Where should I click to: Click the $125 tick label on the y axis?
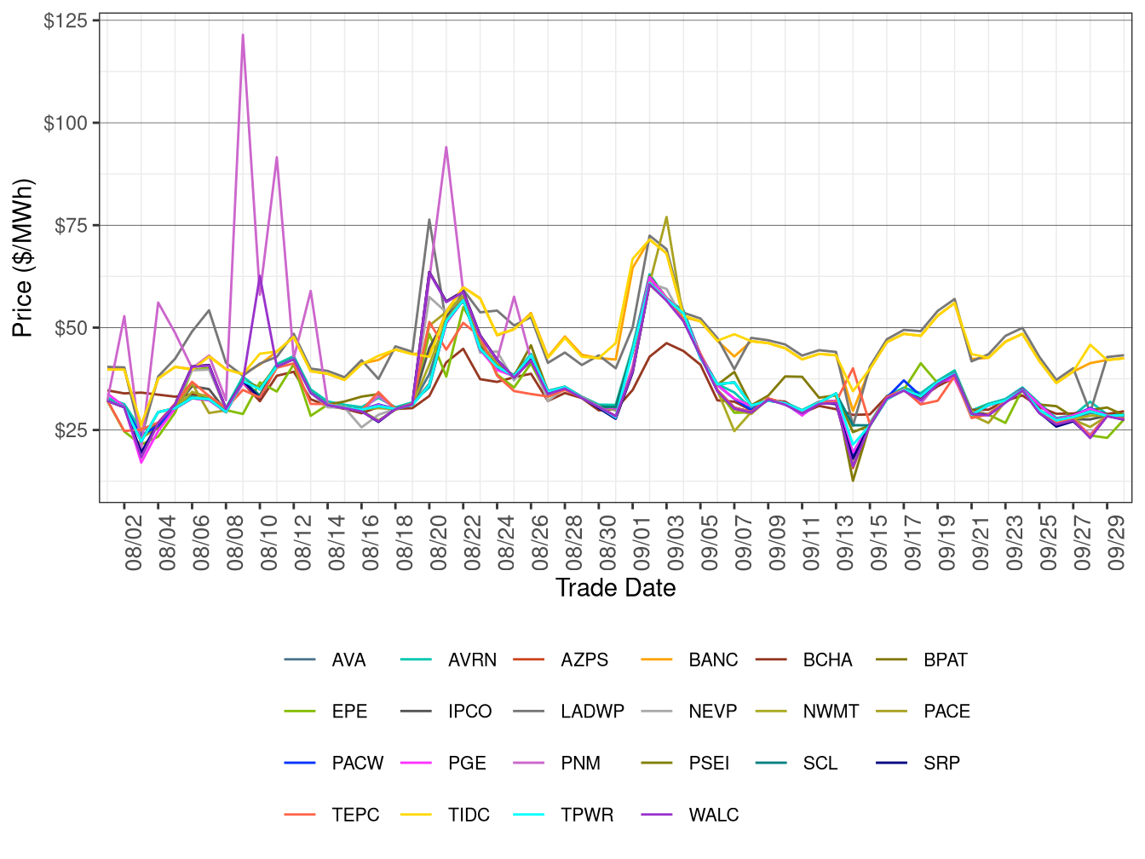click(x=66, y=20)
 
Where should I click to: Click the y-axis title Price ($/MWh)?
click(x=22, y=258)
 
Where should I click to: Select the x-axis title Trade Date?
click(x=615, y=588)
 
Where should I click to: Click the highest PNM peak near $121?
click(x=243, y=35)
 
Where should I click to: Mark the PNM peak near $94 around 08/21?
click(x=446, y=147)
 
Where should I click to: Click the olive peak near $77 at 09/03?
click(x=666, y=216)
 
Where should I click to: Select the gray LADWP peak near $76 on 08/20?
click(x=429, y=220)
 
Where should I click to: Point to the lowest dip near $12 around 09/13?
click(x=853, y=481)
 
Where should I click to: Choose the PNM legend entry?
click(x=580, y=764)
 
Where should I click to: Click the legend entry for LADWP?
click(x=592, y=712)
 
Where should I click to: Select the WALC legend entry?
click(x=713, y=816)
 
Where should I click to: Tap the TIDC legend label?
click(x=469, y=816)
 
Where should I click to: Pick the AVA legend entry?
click(x=348, y=660)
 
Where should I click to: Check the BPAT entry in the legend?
click(x=945, y=660)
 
